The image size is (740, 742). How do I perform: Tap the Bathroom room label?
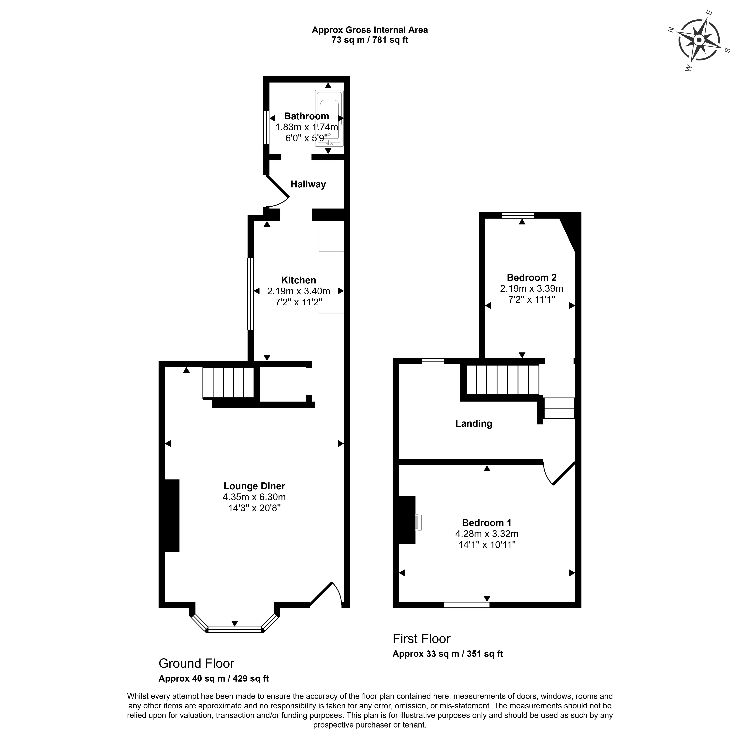tap(307, 116)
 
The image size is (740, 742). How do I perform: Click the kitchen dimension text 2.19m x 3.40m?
tap(298, 291)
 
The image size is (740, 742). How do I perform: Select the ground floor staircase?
tap(228, 383)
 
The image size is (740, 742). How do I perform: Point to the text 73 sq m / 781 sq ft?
tap(370, 40)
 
